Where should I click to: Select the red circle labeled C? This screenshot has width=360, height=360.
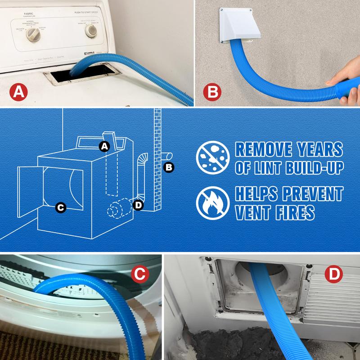point(140,274)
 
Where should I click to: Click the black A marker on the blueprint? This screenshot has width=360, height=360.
point(104,146)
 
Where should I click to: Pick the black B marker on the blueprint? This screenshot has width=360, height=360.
point(169,167)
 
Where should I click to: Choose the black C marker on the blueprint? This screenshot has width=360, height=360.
point(60,207)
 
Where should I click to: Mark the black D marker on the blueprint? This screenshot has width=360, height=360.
point(139,206)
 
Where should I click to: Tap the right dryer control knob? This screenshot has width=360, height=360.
point(92,30)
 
